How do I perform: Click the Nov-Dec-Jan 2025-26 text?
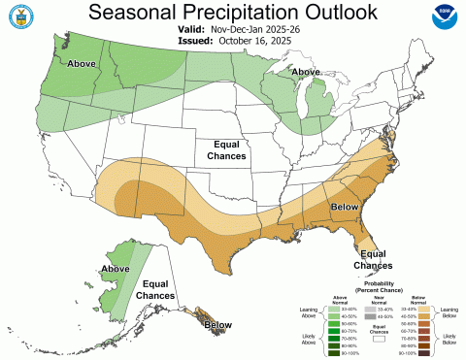251,31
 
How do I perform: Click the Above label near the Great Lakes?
307,72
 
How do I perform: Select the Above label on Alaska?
116,269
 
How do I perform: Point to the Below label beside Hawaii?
218,324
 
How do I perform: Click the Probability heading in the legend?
373,284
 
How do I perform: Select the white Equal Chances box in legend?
374,340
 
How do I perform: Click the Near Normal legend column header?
373,302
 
